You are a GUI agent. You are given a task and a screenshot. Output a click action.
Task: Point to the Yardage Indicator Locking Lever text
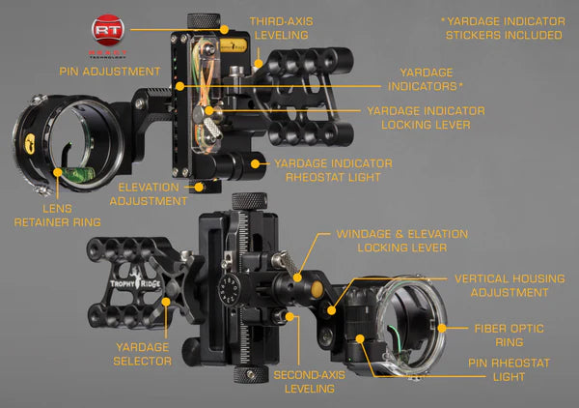[426, 118]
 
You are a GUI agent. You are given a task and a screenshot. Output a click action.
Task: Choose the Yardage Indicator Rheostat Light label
[333, 171]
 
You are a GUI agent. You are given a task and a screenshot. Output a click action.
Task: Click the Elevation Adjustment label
[149, 193]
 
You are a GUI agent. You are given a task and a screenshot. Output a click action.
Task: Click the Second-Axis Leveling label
[303, 381]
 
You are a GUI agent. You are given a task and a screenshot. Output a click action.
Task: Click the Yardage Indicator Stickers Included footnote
[502, 27]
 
